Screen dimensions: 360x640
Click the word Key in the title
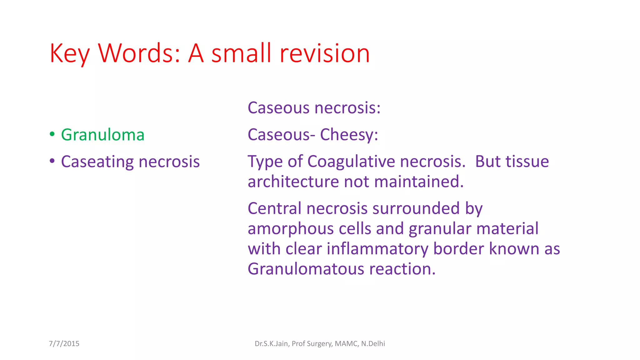point(70,54)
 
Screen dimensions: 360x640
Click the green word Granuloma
point(102,135)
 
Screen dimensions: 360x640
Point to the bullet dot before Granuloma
point(52,134)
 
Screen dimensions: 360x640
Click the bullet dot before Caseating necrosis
point(52,161)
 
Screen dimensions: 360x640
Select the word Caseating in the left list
point(97,162)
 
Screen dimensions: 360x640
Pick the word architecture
point(293,182)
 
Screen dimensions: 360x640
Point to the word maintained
point(419,182)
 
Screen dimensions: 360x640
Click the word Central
point(275,208)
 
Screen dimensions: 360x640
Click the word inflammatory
point(378,249)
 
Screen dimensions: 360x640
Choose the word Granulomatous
point(306,269)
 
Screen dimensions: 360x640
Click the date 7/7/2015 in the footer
point(64,344)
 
